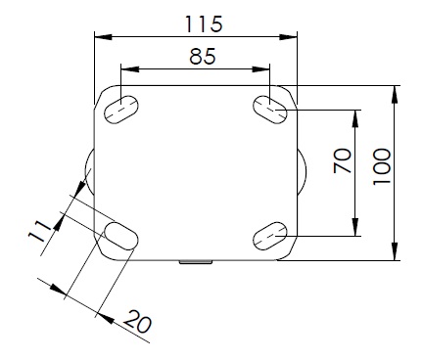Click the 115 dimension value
point(204,23)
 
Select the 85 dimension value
point(203,56)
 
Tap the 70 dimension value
point(343,160)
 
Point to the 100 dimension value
point(382,166)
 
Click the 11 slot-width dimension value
point(39,231)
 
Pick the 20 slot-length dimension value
point(138,322)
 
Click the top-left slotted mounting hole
point(121,110)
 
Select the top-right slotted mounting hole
point(270,110)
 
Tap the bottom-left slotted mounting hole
point(121,236)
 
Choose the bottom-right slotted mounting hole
point(270,236)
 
